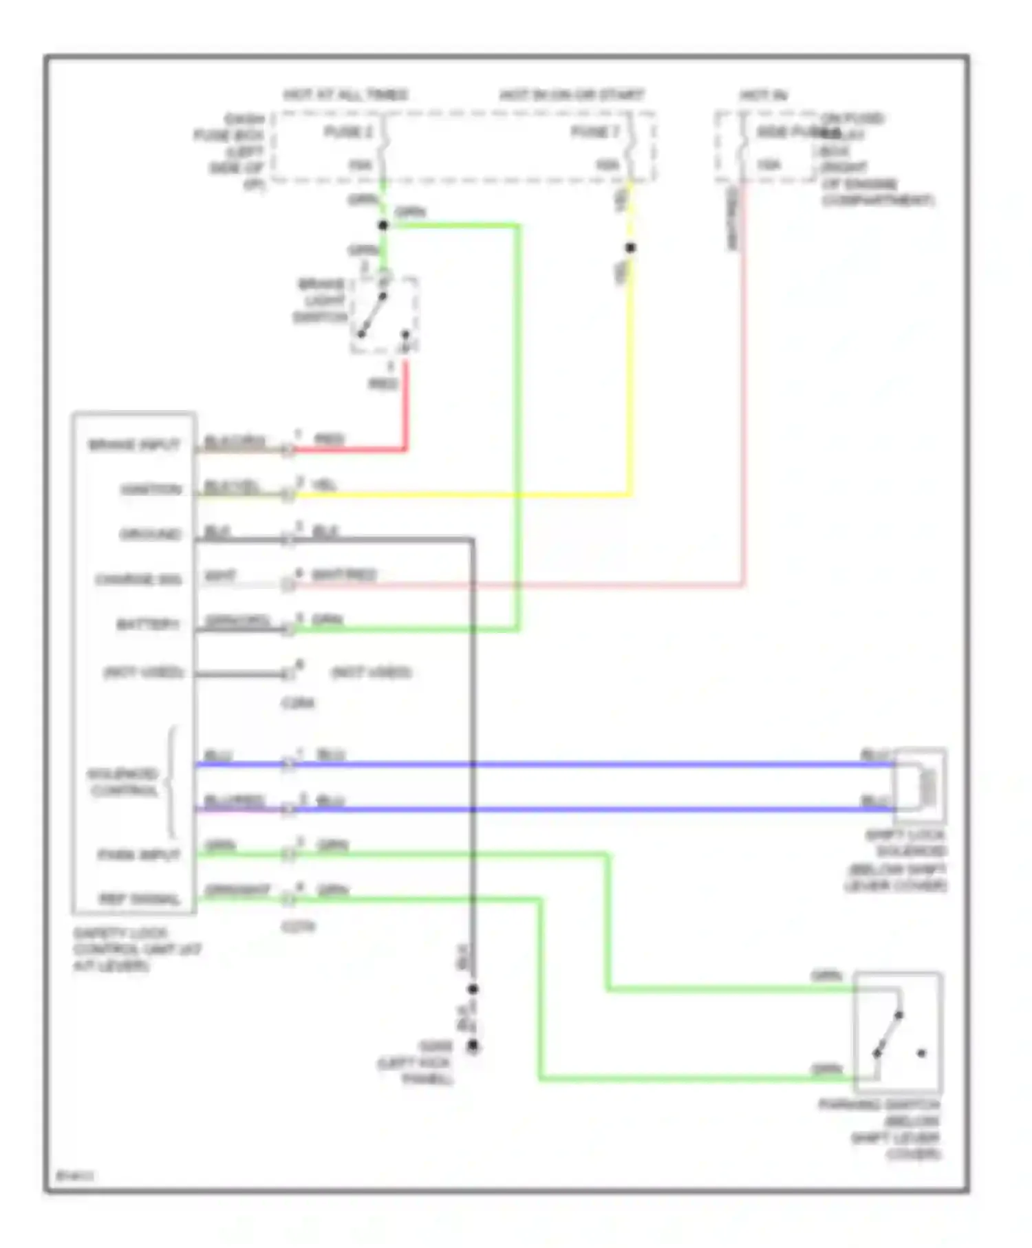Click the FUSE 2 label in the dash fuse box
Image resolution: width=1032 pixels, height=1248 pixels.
349,131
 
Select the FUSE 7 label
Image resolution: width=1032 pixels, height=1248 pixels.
595,131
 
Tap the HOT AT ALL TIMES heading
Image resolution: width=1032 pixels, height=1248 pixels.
345,94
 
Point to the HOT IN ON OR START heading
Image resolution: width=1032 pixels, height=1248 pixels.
572,94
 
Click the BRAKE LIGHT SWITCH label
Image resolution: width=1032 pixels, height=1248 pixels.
321,301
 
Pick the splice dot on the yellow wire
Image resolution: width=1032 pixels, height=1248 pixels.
630,248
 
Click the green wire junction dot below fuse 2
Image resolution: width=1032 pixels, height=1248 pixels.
383,225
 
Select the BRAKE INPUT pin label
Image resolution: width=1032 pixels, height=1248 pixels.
134,444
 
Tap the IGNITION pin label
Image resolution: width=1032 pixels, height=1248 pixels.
151,490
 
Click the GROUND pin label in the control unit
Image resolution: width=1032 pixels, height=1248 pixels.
151,535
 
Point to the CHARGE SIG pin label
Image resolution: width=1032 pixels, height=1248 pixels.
138,579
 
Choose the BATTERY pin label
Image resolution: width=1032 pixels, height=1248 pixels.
148,625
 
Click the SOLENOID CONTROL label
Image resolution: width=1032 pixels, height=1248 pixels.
124,782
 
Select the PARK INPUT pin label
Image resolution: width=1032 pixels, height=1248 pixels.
139,855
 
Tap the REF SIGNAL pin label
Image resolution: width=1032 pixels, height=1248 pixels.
140,899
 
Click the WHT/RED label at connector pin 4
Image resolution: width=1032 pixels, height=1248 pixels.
344,574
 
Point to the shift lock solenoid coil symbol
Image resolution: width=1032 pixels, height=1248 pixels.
928,786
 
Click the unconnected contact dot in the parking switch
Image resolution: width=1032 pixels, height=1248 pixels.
921,1053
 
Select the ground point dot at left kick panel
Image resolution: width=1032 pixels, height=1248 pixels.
473,1046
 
